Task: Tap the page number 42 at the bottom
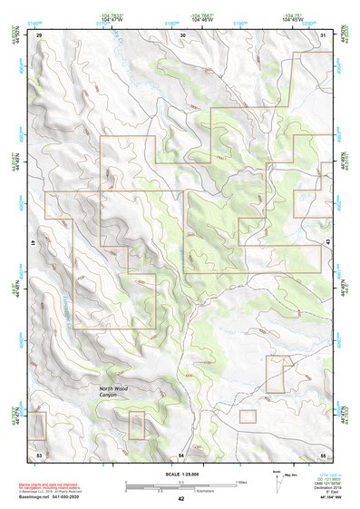[180, 498]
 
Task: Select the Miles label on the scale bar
[240, 481]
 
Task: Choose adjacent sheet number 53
[39, 453]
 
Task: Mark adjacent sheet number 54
[181, 453]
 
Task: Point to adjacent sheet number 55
[323, 453]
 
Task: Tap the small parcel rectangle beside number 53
[38, 425]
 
